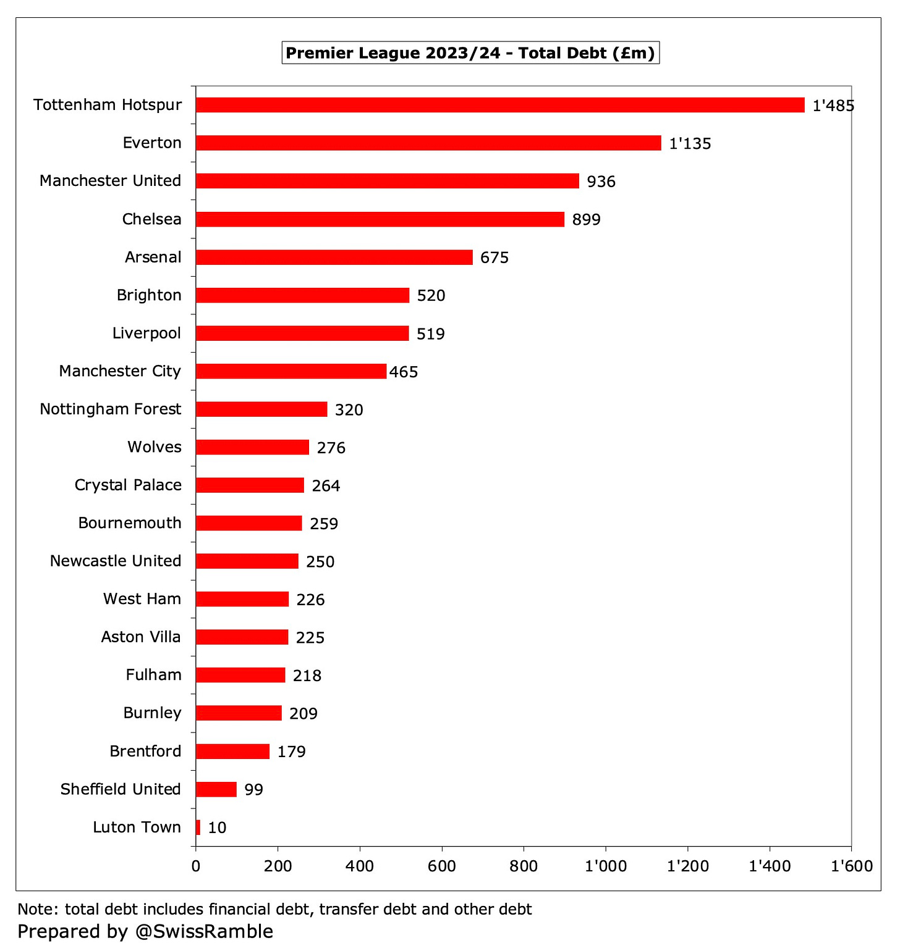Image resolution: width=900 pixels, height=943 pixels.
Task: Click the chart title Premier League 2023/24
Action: [470, 53]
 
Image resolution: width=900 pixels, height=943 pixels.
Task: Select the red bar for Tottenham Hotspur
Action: [499, 105]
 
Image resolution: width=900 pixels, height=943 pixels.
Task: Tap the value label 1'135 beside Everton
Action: [690, 144]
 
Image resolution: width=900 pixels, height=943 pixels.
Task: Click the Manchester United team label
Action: [110, 181]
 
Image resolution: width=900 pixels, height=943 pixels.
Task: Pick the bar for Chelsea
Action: [380, 219]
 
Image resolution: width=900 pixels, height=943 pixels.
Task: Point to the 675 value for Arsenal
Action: [494, 258]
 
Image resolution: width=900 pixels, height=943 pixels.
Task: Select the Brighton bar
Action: [302, 295]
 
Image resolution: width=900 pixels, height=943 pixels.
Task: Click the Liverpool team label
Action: [146, 333]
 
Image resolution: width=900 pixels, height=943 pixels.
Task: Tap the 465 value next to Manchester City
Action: [404, 372]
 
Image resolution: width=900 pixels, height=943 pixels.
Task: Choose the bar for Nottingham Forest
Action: [261, 409]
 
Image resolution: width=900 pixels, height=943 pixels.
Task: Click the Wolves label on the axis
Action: [155, 447]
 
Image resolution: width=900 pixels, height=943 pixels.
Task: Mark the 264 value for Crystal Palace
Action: [326, 486]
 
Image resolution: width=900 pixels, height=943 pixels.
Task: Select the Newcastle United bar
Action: [247, 561]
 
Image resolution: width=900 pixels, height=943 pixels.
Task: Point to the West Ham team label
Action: [142, 599]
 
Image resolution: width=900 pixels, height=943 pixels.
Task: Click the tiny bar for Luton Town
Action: [198, 828]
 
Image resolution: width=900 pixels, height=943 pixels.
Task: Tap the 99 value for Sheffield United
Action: [253, 790]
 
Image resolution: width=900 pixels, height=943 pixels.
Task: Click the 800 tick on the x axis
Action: [523, 866]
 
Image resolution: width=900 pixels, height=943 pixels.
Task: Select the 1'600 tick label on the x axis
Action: [851, 866]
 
